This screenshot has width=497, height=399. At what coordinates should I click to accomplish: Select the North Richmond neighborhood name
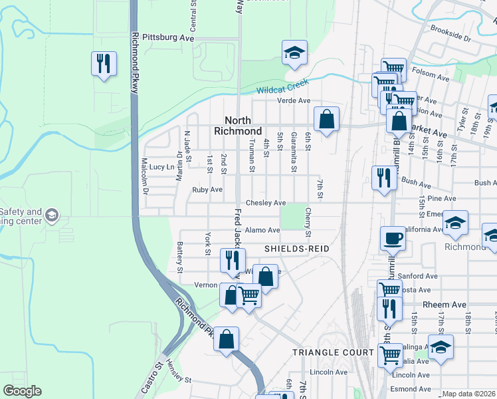238,126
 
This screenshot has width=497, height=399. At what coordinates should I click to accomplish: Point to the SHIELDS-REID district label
297,248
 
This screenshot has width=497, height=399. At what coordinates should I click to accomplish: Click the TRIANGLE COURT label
334,352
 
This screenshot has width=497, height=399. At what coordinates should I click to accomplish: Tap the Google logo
23,391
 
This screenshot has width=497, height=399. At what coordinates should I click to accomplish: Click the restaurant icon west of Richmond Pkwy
104,64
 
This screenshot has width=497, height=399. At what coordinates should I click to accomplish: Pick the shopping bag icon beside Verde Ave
326,120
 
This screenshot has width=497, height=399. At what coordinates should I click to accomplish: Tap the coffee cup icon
393,238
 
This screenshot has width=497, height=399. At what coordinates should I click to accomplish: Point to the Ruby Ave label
207,190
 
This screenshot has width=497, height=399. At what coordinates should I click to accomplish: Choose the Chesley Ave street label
266,203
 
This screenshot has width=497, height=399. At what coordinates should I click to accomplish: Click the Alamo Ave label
262,230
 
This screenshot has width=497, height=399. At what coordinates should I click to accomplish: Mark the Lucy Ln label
161,167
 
